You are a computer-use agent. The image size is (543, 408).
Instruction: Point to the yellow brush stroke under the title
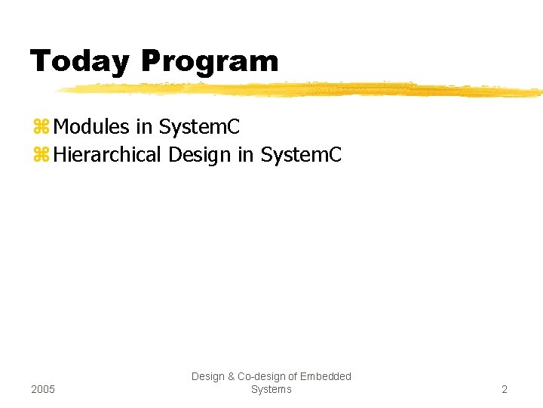pyautogui.click(x=302, y=90)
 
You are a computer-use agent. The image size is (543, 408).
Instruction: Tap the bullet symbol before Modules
pyautogui.click(x=41, y=126)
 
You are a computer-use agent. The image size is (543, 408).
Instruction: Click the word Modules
pyautogui.click(x=92, y=125)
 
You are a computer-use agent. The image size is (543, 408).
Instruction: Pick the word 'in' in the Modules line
pyautogui.click(x=143, y=125)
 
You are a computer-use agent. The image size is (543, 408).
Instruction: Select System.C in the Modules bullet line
pyautogui.click(x=199, y=125)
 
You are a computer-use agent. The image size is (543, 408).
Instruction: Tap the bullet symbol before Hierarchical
pyautogui.click(x=41, y=155)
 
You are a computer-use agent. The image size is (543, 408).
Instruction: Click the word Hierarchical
pyautogui.click(x=108, y=155)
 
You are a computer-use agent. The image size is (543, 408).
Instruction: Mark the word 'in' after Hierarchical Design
pyautogui.click(x=245, y=155)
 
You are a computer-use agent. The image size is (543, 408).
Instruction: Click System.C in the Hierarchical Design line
pyautogui.click(x=301, y=155)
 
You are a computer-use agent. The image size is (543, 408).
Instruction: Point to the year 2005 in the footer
pyautogui.click(x=43, y=389)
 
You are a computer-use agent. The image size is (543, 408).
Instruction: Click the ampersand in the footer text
pyautogui.click(x=231, y=376)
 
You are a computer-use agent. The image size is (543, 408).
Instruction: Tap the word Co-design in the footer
pyautogui.click(x=261, y=376)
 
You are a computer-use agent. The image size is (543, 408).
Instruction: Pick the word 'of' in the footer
pyautogui.click(x=294, y=376)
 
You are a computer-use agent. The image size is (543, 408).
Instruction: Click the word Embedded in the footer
pyautogui.click(x=327, y=376)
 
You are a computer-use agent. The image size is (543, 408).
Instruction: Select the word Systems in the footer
pyautogui.click(x=271, y=389)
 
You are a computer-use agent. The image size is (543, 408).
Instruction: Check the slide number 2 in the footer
pyautogui.click(x=505, y=389)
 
